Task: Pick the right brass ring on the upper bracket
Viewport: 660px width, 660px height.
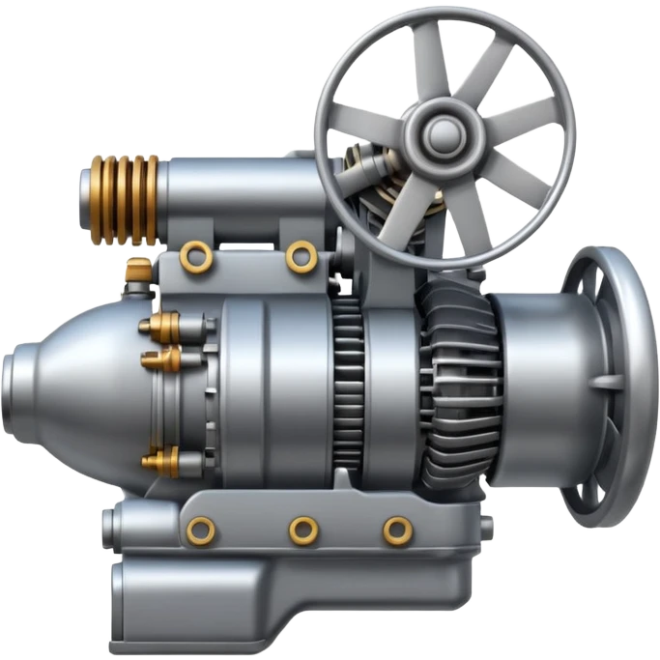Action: click(x=301, y=256)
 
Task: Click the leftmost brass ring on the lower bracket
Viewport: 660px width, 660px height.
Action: click(x=201, y=529)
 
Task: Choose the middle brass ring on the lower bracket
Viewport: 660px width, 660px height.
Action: click(x=304, y=529)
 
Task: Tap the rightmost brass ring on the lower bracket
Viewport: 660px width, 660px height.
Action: click(x=397, y=529)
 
